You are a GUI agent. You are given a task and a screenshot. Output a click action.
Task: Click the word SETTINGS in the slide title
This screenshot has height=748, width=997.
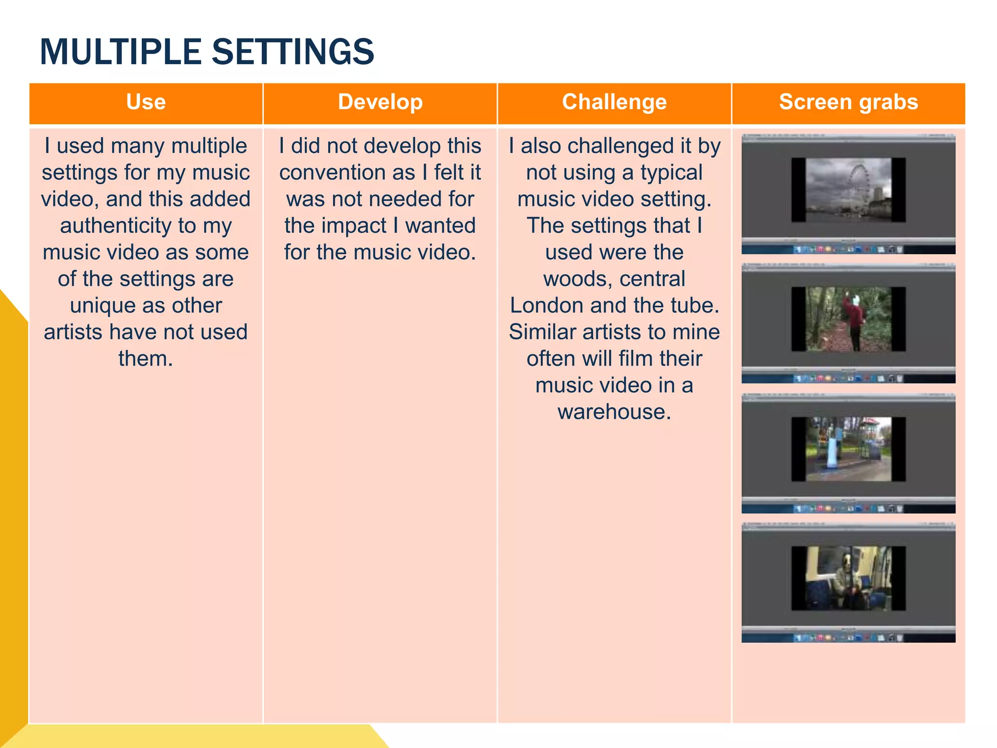point(293,52)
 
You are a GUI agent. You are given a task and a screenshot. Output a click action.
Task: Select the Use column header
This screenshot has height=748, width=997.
point(146,102)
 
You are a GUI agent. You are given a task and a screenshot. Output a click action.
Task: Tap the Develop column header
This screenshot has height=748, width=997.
point(380,102)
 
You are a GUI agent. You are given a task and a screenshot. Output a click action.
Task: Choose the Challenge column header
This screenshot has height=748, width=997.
point(614,102)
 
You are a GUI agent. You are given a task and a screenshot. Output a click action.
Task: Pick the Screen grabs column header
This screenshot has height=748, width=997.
point(848,102)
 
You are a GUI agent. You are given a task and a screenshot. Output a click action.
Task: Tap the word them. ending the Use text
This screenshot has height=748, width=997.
point(146,359)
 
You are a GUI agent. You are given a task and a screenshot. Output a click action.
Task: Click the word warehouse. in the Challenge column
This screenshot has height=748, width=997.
point(614,412)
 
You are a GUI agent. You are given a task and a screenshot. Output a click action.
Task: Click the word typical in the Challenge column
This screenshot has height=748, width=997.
point(671,173)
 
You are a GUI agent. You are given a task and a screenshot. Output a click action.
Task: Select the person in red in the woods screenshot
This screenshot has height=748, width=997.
point(854,319)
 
